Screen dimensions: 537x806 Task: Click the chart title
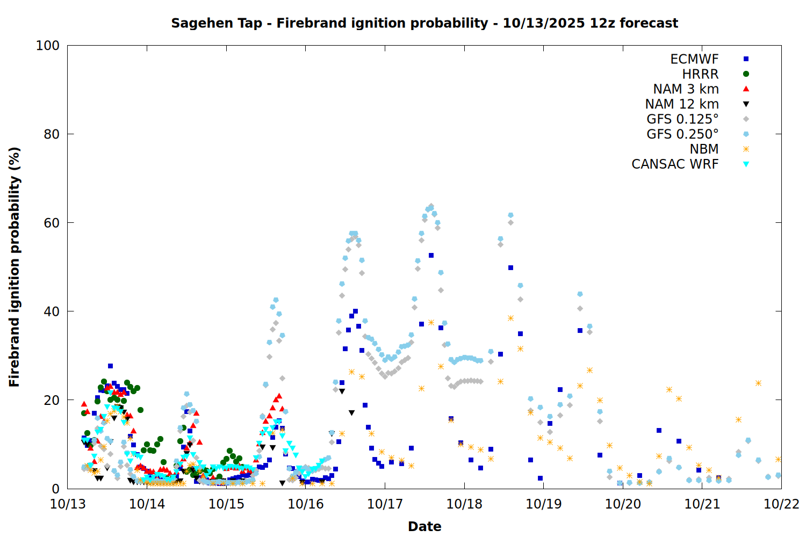click(424, 23)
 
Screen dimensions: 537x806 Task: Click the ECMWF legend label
click(694, 59)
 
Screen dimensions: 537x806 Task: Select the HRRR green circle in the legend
click(746, 74)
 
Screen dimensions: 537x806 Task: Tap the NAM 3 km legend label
click(686, 89)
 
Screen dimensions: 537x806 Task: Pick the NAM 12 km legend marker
click(746, 104)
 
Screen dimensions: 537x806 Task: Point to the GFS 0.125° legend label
click(682, 119)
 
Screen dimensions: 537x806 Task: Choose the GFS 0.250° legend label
click(682, 134)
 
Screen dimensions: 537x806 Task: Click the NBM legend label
click(704, 149)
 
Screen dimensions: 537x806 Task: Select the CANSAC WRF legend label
click(675, 164)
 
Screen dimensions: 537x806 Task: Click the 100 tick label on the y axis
click(48, 46)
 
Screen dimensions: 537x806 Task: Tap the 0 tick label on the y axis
click(55, 489)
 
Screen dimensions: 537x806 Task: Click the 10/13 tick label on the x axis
click(68, 504)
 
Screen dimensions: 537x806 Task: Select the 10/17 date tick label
click(385, 504)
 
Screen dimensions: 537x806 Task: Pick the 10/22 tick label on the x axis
click(781, 504)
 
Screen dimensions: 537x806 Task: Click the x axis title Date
click(424, 526)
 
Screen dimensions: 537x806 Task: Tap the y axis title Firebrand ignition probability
click(14, 267)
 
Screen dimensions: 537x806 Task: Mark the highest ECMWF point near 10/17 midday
click(431, 256)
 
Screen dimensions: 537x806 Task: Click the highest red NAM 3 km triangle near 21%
click(279, 396)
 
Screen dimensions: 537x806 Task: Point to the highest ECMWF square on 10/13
click(110, 366)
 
